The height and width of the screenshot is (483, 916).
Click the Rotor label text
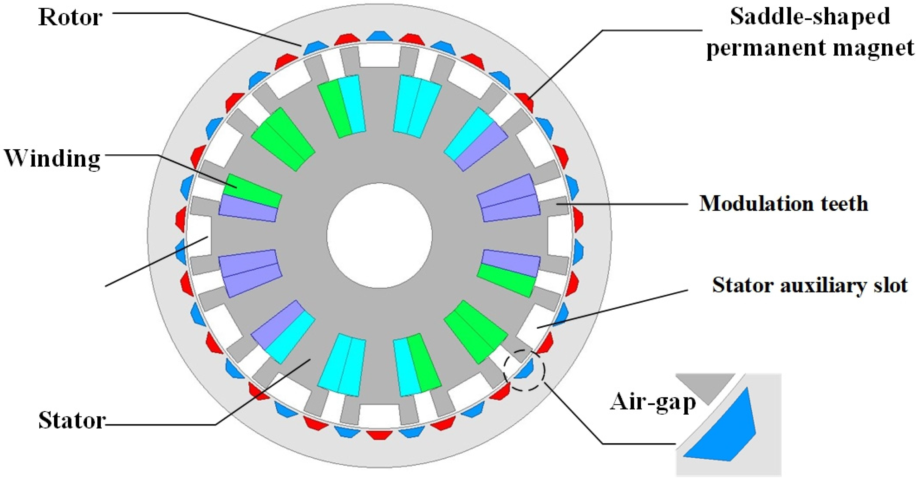click(70, 17)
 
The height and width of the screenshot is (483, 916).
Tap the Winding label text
click(52, 158)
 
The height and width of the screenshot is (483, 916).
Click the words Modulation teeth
click(783, 204)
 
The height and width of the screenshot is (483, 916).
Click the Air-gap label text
click(652, 402)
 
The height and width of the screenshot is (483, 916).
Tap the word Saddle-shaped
click(810, 16)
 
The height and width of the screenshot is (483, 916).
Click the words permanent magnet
click(810, 47)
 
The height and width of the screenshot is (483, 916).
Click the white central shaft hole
click(379, 236)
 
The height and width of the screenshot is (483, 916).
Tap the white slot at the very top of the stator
click(379, 55)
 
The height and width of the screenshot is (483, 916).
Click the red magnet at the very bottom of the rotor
click(380, 434)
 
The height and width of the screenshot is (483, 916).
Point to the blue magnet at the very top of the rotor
click(379, 36)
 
